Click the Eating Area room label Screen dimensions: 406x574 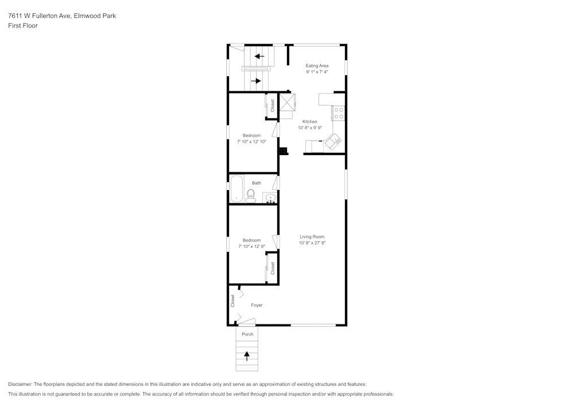click(x=317, y=66)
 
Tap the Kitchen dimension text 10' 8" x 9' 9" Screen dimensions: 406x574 click(x=309, y=128)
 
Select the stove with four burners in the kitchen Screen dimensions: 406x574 click(x=339, y=113)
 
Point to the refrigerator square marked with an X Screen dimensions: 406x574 click(x=287, y=102)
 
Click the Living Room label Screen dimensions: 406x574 click(x=312, y=237)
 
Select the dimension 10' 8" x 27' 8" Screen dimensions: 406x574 click(x=312, y=243)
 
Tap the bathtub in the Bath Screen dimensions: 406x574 click(x=236, y=190)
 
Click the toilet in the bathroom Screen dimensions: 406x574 click(x=251, y=196)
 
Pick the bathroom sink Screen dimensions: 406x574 click(x=270, y=198)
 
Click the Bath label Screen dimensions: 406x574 click(x=256, y=183)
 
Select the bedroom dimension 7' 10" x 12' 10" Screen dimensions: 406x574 click(x=251, y=141)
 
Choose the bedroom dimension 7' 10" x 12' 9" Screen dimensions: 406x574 click(x=251, y=246)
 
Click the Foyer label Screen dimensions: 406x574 click(x=257, y=305)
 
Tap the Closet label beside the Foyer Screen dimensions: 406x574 click(x=233, y=300)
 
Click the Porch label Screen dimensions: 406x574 click(x=247, y=334)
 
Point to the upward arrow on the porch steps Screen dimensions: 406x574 click(x=247, y=355)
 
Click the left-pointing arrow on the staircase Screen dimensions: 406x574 click(x=259, y=56)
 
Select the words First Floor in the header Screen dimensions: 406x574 click(x=23, y=26)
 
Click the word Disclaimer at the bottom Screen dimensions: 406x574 click(x=21, y=384)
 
